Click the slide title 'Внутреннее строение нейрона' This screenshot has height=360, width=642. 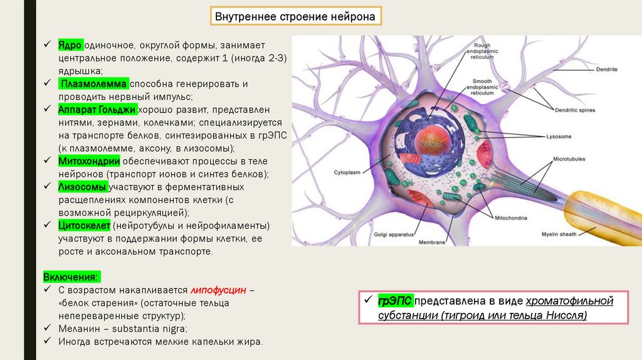pyautogui.click(x=295, y=16)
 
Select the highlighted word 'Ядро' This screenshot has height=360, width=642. pyautogui.click(x=70, y=46)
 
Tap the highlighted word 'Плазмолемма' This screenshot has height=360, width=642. pyautogui.click(x=95, y=84)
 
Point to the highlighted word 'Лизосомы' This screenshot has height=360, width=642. pyautogui.click(x=82, y=187)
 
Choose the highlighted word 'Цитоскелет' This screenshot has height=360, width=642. pyautogui.click(x=84, y=225)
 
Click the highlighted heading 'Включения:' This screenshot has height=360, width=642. pyautogui.click(x=71, y=277)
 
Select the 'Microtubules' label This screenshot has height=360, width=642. pyautogui.click(x=568, y=159)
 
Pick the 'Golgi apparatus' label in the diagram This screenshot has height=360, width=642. pyautogui.click(x=394, y=235)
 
